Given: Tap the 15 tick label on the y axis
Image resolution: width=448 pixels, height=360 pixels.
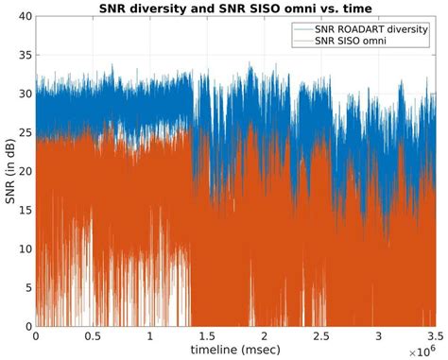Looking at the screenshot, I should [x=22, y=210].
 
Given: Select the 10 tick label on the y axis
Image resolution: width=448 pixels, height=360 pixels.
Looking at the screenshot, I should [x=22, y=249].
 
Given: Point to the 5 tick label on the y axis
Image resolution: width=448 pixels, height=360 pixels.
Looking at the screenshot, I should [x=25, y=286].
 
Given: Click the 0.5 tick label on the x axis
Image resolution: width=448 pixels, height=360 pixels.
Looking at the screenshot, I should [x=92, y=334].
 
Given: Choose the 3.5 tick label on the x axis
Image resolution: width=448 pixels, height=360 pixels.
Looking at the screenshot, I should [x=434, y=334].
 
